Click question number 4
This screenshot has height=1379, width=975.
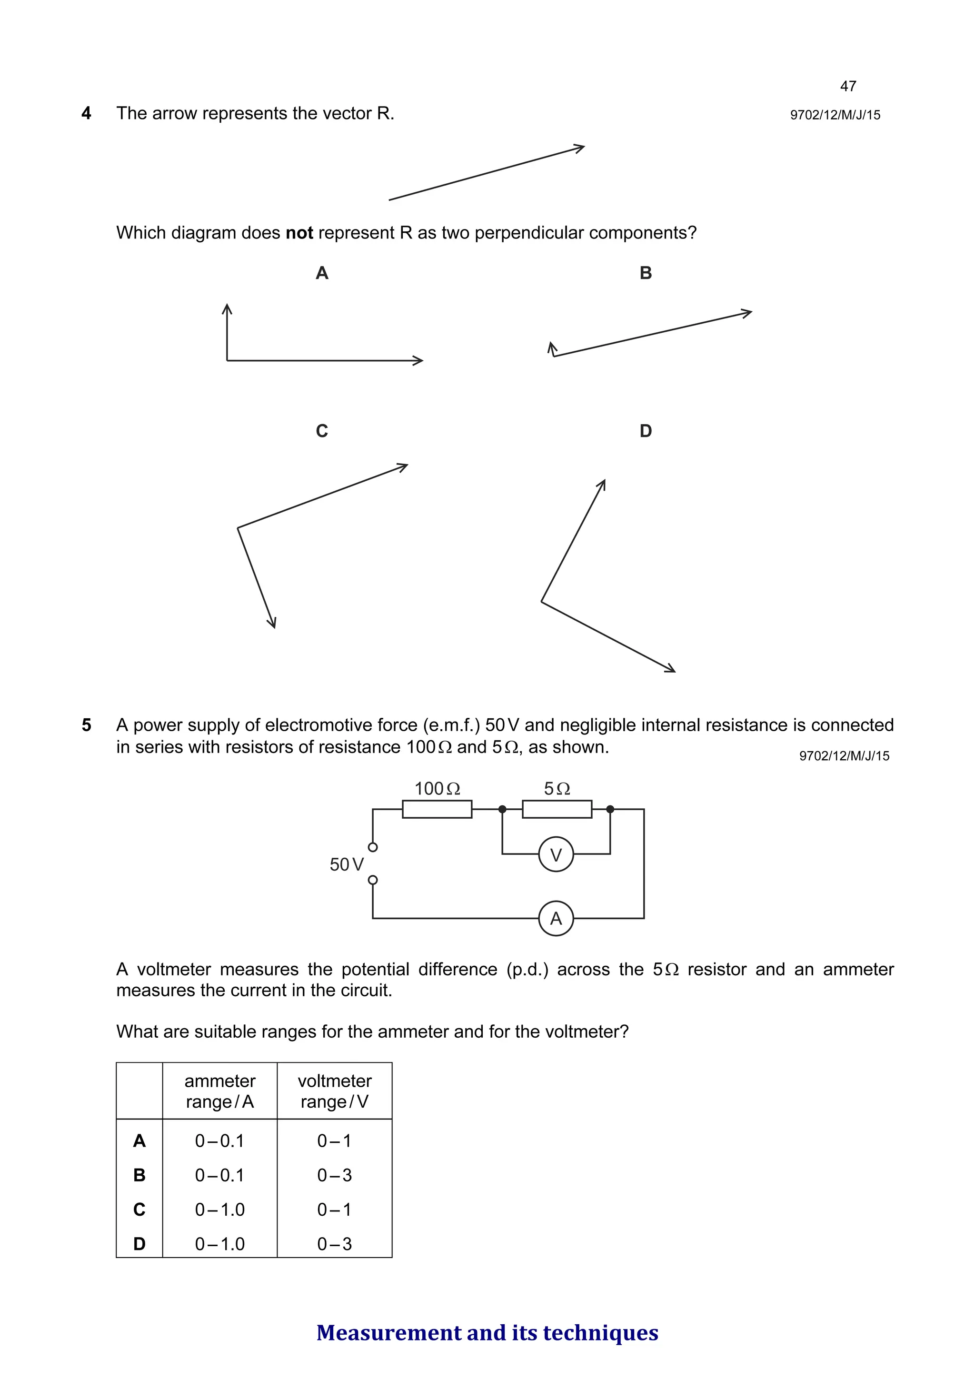[x=87, y=113]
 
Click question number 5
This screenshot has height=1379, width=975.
[x=87, y=725]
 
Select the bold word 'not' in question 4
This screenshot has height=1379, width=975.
[x=299, y=233]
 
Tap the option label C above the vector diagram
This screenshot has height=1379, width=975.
[x=322, y=431]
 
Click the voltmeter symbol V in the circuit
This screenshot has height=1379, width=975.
[x=556, y=854]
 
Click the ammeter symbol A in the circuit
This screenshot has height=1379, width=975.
[x=556, y=918]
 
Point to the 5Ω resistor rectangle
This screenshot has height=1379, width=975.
[x=557, y=809]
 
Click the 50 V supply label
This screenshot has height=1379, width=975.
[x=347, y=864]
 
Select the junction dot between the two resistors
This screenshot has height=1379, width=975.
[x=502, y=809]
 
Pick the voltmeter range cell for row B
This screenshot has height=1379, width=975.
[x=335, y=1175]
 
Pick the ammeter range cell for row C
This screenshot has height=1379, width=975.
[x=220, y=1209]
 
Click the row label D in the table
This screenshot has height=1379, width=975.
[x=139, y=1243]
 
